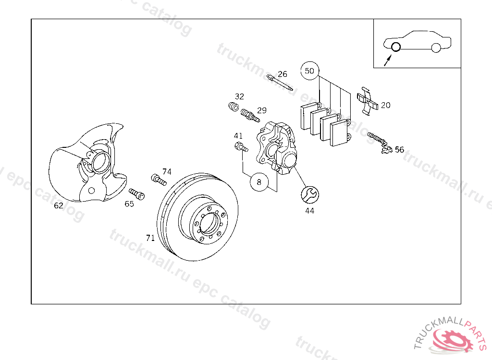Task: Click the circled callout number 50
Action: click(309, 71)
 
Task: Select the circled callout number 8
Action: click(259, 182)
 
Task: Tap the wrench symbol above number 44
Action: click(310, 195)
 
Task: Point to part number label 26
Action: click(283, 74)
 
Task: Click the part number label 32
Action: click(239, 96)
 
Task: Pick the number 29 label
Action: click(262, 110)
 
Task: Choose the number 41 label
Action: click(238, 136)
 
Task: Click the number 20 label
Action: click(386, 106)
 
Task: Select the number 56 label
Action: click(399, 150)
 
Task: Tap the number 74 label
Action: click(167, 171)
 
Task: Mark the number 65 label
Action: click(129, 204)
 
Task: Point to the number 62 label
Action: click(59, 205)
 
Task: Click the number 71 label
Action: click(150, 238)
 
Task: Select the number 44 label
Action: click(310, 211)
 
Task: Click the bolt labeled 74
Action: click(159, 180)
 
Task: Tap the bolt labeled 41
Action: click(241, 147)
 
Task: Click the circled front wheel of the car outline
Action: click(396, 47)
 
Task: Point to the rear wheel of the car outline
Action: click(436, 48)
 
